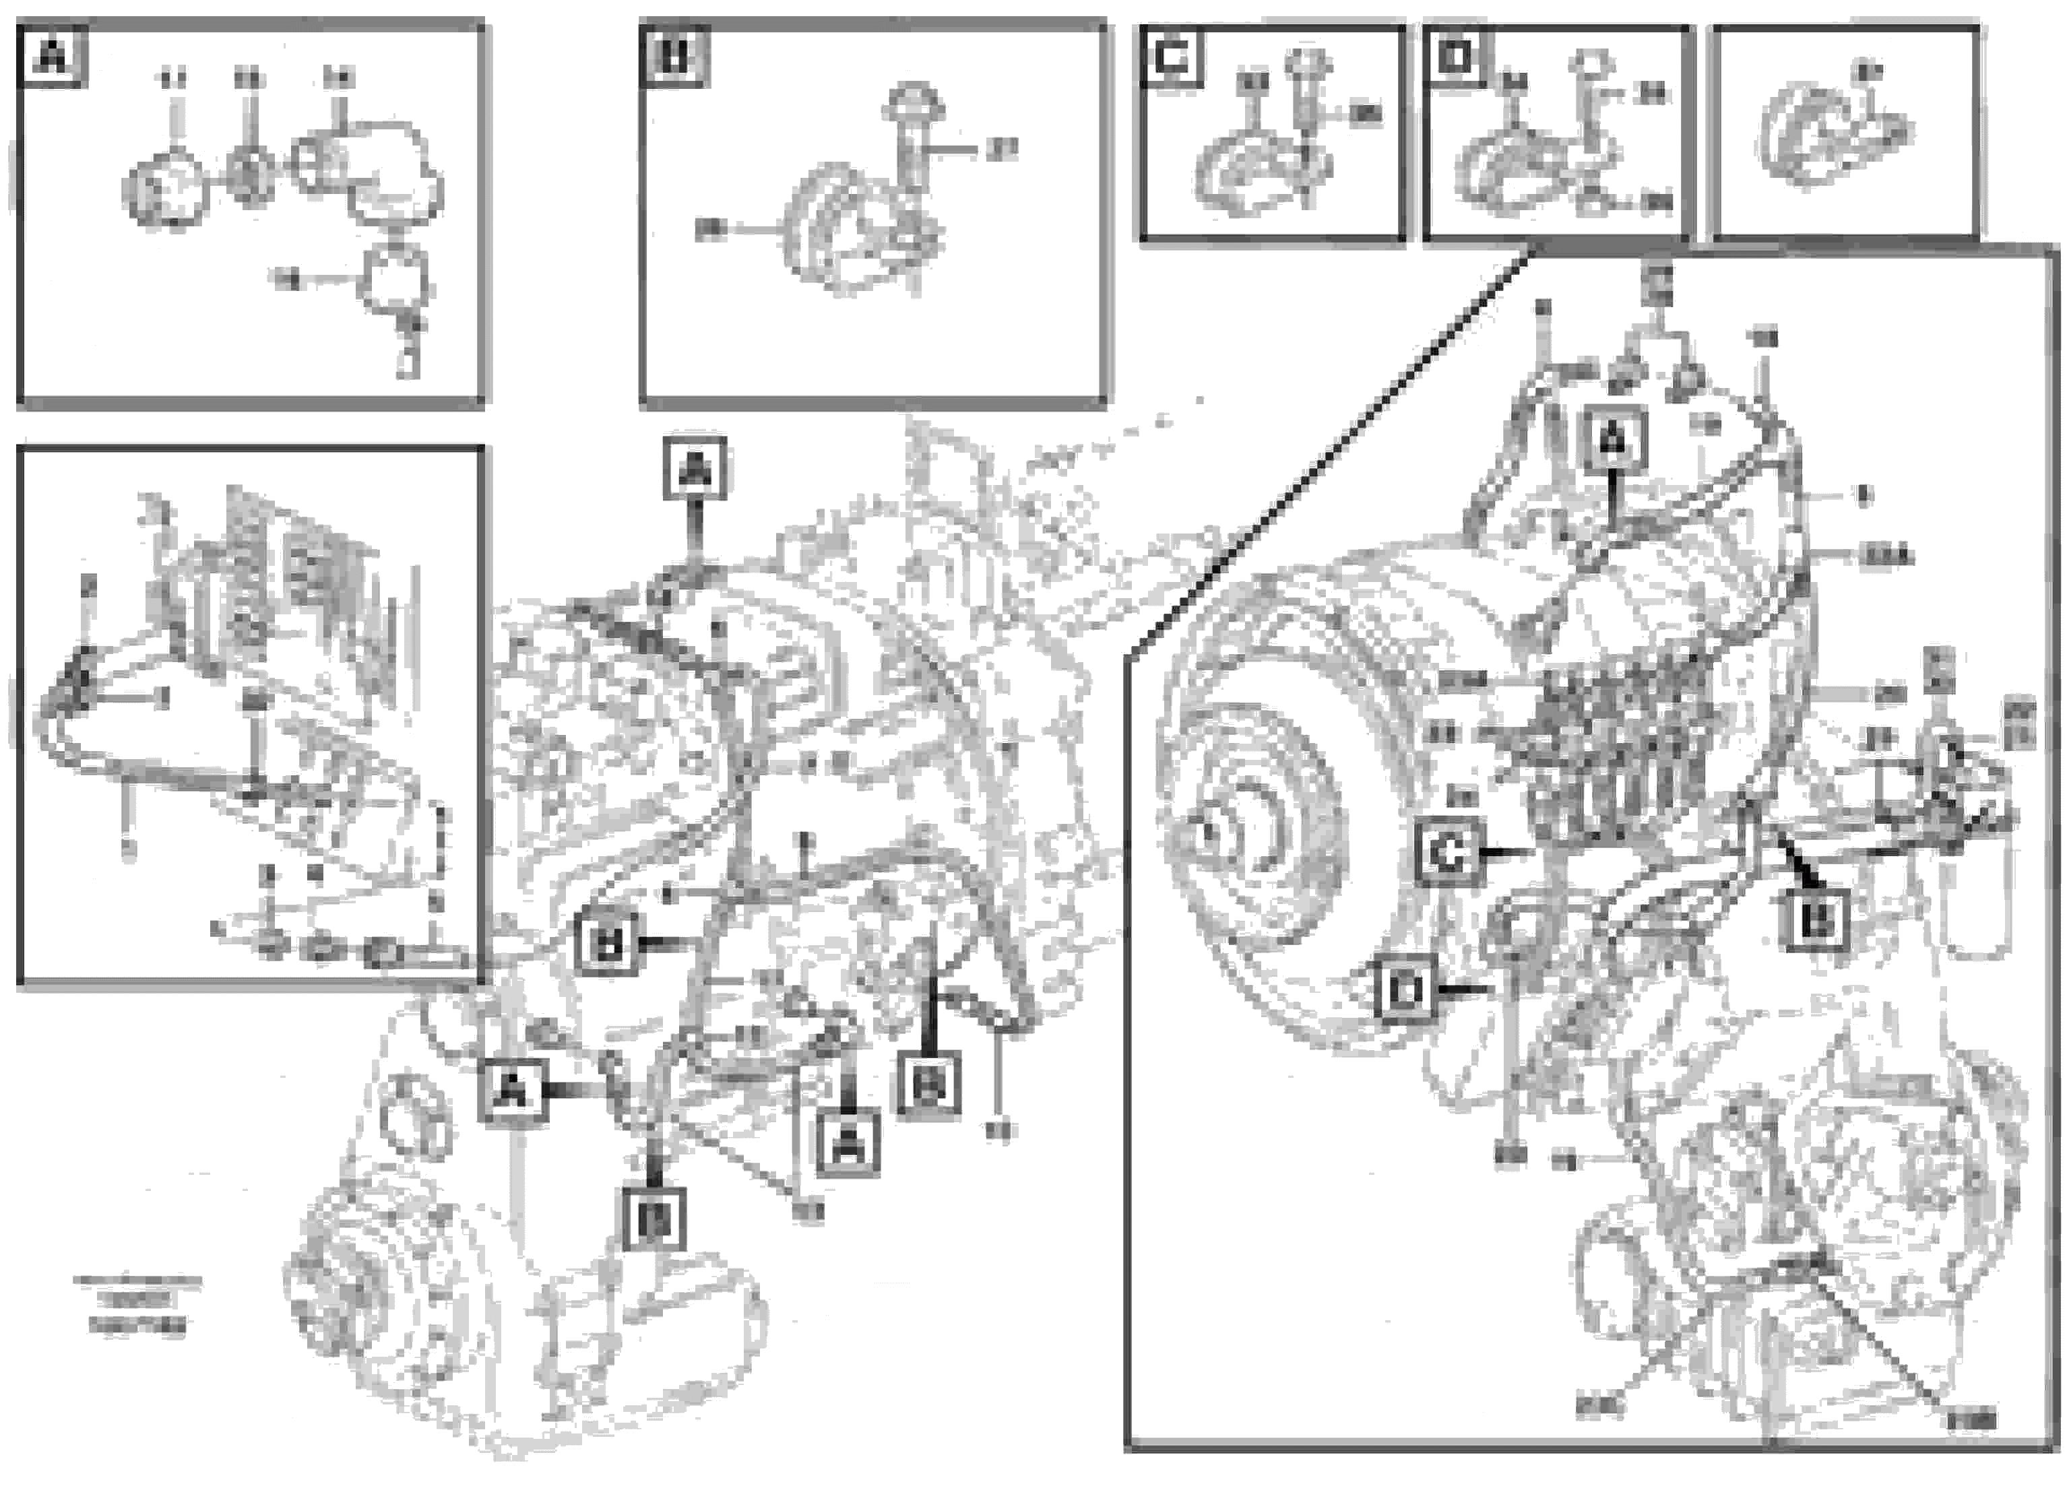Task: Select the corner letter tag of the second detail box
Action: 673,57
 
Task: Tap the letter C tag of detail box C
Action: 1172,57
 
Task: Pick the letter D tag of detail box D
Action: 1453,57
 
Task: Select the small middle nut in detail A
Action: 249,173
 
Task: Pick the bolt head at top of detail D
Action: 1591,65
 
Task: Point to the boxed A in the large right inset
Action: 1613,441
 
